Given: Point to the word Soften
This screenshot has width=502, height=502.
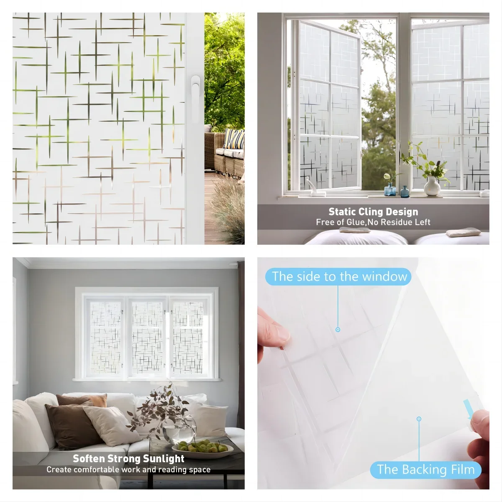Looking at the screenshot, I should pyautogui.click(x=88, y=458).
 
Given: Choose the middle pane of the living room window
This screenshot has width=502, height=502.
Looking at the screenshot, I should pyautogui.click(x=148, y=337).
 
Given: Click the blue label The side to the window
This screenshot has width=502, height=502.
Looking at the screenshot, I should pyautogui.click(x=339, y=277).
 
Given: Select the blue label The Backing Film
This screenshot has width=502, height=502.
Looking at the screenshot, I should pyautogui.click(x=425, y=469).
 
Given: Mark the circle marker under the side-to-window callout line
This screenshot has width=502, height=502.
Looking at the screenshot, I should pyautogui.click(x=338, y=330).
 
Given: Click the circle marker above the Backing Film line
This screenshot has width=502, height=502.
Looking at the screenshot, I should pyautogui.click(x=419, y=419).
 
